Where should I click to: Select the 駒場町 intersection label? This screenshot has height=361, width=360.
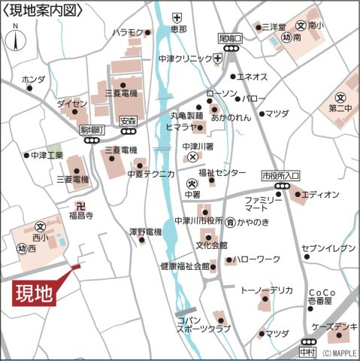pyautogui.click(x=93, y=130)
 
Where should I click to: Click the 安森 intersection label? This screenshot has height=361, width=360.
pyautogui.click(x=128, y=120)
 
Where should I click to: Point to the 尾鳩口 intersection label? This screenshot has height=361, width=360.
pyautogui.click(x=230, y=38)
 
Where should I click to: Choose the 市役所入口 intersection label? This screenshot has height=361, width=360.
pyautogui.click(x=280, y=174)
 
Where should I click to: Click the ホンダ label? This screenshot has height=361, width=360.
pyautogui.click(x=34, y=79)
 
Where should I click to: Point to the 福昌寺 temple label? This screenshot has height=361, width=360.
pyautogui.click(x=80, y=215)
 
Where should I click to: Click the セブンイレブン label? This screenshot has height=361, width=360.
pyautogui.click(x=328, y=247)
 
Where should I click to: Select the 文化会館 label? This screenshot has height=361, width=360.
pyautogui.click(x=212, y=245)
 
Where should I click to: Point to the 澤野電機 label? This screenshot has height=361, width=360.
pyautogui.click(x=145, y=231)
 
